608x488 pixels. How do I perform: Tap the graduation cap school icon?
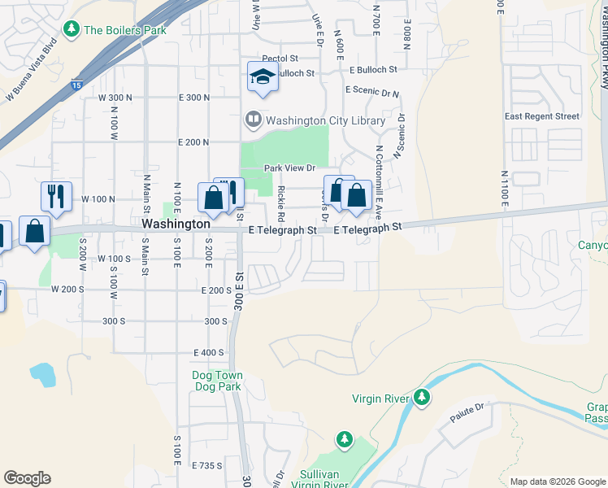(262, 77)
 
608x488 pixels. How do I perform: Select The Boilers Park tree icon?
(72, 30)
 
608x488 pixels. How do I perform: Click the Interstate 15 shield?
(76, 84)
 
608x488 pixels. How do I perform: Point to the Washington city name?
(176, 223)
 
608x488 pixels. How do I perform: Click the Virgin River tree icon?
(421, 398)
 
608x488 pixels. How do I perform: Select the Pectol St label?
(280, 59)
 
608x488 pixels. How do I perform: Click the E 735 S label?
(206, 465)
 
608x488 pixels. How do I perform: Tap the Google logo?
(27, 478)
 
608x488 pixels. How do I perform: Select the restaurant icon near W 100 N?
(55, 195)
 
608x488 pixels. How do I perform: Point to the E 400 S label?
(208, 352)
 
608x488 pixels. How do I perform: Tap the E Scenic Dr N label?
(371, 90)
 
